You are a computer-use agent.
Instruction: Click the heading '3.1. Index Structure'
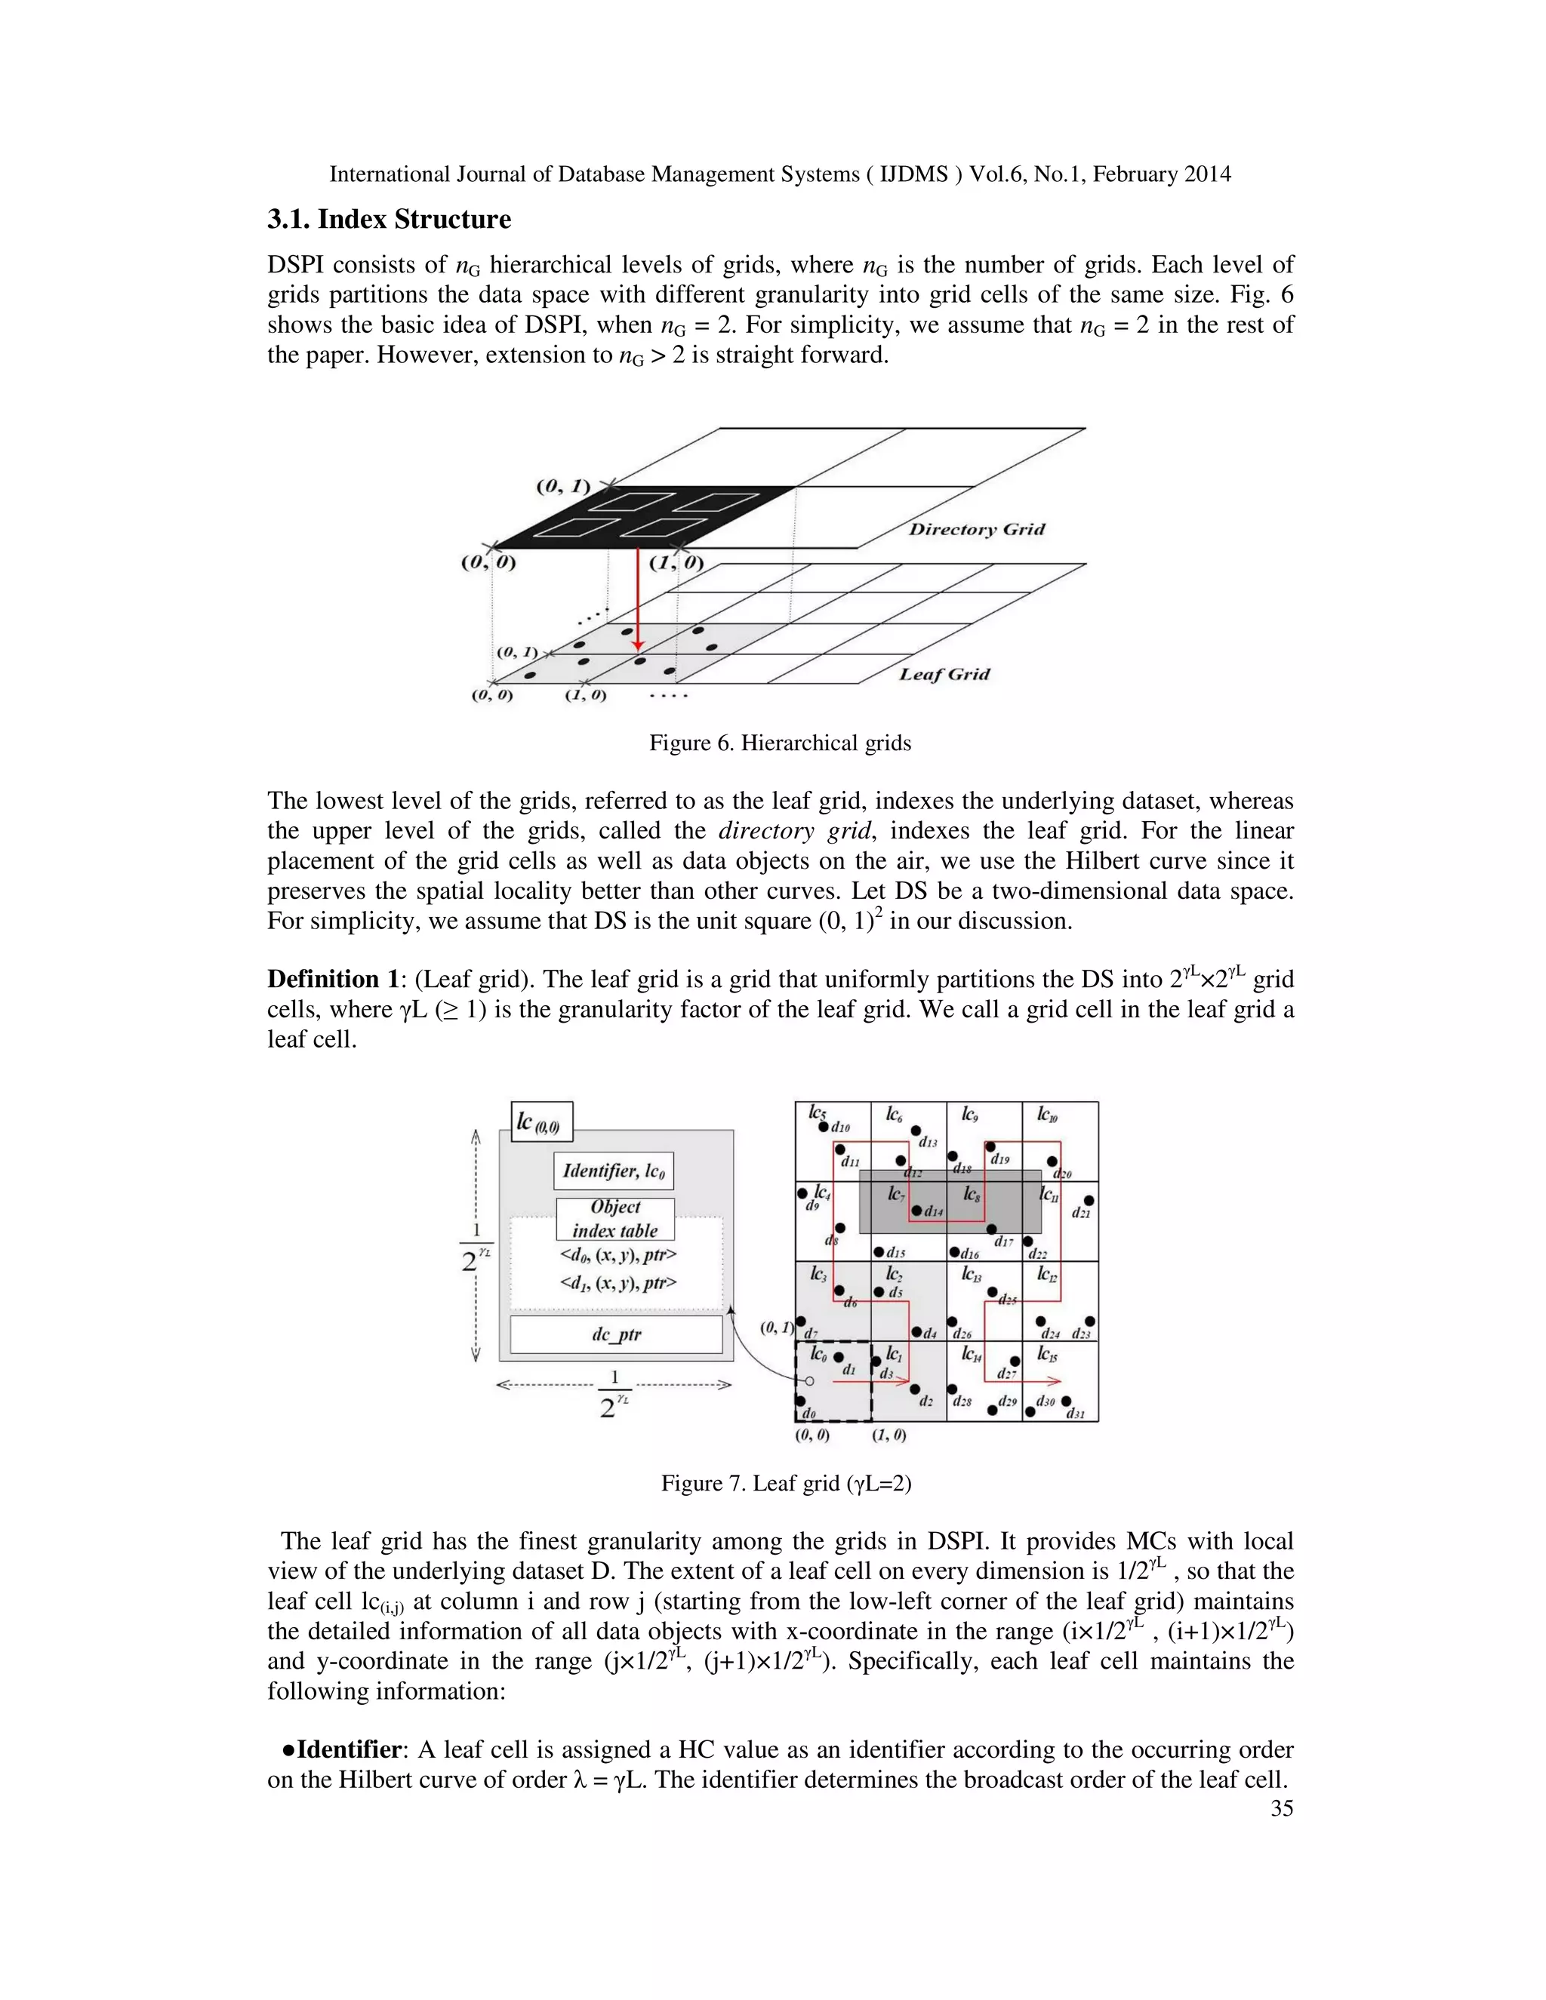(x=388, y=220)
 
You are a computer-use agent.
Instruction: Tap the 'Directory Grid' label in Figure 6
(x=975, y=529)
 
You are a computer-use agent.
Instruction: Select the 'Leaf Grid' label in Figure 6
(x=944, y=674)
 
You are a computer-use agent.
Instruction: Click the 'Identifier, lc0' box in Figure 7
(x=614, y=1171)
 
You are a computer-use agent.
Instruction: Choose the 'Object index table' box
(x=614, y=1219)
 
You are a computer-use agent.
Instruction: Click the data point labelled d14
(x=916, y=1211)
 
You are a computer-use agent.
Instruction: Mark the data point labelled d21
(x=1089, y=1200)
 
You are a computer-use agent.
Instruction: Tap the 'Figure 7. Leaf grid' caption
(x=786, y=1482)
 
